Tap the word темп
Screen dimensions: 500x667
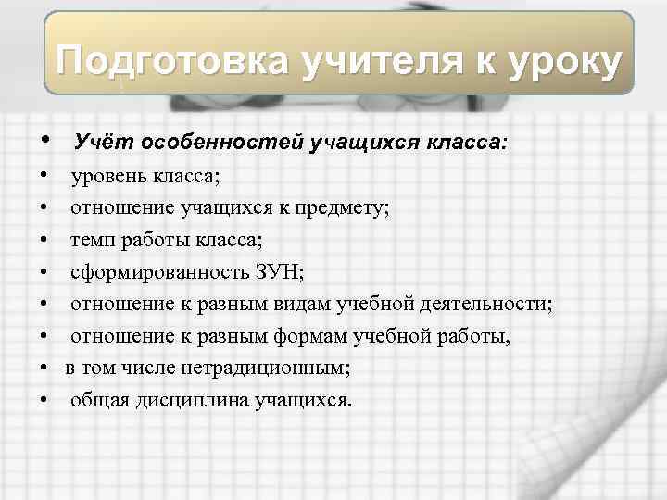(x=91, y=241)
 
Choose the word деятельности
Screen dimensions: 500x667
(x=490, y=305)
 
